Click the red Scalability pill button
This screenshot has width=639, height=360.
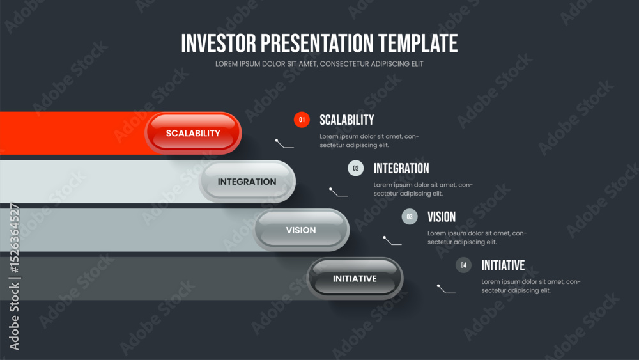click(193, 133)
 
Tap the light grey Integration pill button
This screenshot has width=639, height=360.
click(247, 182)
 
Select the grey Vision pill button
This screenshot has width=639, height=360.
click(301, 230)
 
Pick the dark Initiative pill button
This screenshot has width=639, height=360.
click(355, 278)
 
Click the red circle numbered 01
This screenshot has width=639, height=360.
click(302, 120)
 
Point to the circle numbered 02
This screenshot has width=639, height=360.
click(356, 168)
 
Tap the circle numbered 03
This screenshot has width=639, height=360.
click(410, 217)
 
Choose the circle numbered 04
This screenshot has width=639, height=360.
click(463, 265)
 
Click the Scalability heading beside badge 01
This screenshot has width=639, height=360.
click(347, 120)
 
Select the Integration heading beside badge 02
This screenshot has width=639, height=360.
click(401, 168)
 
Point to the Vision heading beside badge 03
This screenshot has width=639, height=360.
click(442, 217)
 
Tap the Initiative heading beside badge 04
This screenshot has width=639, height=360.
click(503, 265)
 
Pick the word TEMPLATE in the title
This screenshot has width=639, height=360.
click(418, 43)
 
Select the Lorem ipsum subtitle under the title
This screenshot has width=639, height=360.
click(319, 63)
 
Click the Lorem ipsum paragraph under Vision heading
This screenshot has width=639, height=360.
click(477, 238)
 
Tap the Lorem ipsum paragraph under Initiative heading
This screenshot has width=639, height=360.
click(530, 286)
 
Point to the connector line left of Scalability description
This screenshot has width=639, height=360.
click(284, 143)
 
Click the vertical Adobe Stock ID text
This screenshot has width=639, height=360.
click(14, 276)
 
